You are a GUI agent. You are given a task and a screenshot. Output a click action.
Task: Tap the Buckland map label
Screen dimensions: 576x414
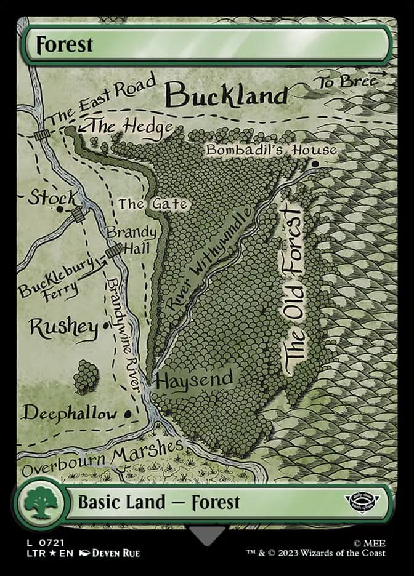point(227,95)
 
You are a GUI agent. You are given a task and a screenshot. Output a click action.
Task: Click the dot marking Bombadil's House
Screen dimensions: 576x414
point(315,164)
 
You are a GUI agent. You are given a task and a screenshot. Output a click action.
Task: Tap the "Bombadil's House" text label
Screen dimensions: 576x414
point(271,150)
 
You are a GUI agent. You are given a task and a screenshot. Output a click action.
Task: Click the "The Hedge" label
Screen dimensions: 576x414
point(131,127)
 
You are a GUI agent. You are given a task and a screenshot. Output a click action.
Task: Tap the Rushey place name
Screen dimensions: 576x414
point(63,327)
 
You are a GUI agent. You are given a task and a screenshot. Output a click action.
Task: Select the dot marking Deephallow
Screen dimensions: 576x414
point(128,414)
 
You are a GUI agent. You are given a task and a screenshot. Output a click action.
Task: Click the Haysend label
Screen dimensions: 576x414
point(194,379)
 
